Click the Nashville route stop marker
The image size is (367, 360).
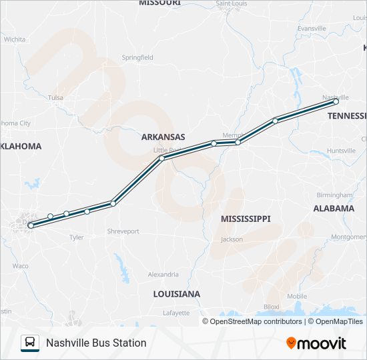click(x=336, y=102)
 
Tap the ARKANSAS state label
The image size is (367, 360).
click(x=163, y=137)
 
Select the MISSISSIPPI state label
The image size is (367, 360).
click(x=246, y=219)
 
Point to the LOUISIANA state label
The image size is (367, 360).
click(x=176, y=294)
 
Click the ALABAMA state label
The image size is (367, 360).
click(x=334, y=208)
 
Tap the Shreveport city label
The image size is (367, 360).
click(x=123, y=231)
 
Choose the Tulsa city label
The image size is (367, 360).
click(x=55, y=97)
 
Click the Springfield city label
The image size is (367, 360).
click(x=137, y=58)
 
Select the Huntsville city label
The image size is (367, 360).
click(x=341, y=151)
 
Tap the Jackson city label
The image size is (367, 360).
click(x=232, y=239)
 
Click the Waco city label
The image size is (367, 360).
click(x=20, y=265)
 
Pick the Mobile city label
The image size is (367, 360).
click(x=297, y=296)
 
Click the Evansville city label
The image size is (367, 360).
click(x=312, y=29)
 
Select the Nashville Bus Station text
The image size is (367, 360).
click(x=96, y=343)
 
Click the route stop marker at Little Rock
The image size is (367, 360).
click(x=162, y=158)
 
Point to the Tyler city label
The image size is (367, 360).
click(x=76, y=237)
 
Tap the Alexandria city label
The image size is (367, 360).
click(x=163, y=274)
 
